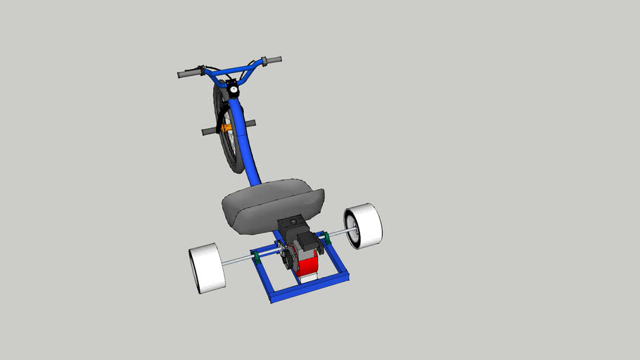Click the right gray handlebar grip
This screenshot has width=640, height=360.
click(x=271, y=61)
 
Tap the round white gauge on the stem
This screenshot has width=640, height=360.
click(x=230, y=89)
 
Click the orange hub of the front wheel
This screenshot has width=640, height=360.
click(x=226, y=128)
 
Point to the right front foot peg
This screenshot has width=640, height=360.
click(x=250, y=124)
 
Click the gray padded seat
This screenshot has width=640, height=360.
click(x=271, y=203)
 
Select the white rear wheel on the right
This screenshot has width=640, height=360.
click(x=364, y=226)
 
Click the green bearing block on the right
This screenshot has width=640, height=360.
click(x=326, y=240)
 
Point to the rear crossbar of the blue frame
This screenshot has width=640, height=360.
click(x=309, y=286)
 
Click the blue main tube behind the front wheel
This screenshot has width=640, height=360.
click(x=250, y=151)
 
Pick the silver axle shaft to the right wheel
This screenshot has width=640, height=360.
click(x=338, y=234)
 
